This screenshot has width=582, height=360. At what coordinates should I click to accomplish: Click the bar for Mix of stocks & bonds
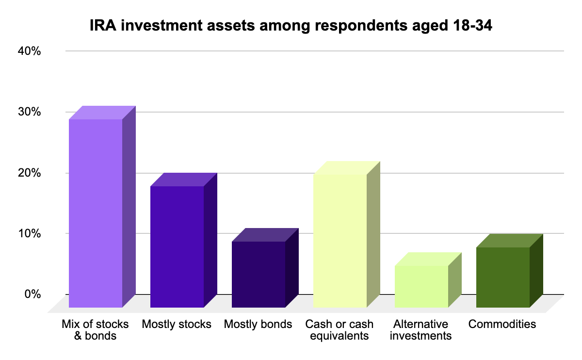point(96,213)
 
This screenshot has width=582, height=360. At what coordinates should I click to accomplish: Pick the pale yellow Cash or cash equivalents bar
point(340,241)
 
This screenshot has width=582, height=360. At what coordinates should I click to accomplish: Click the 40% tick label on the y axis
point(30,51)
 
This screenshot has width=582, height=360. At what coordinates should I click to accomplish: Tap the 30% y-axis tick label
point(30,112)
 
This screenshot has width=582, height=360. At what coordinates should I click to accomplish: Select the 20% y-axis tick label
point(30,173)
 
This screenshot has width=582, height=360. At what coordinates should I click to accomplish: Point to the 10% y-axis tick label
point(30,234)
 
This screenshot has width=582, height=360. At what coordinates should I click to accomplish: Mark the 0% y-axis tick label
point(33,295)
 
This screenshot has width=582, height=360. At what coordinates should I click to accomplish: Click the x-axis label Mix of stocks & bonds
point(96,329)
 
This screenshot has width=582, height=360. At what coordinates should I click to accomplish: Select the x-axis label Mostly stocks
point(177,324)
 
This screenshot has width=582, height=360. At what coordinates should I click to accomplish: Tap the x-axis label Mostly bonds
point(258,324)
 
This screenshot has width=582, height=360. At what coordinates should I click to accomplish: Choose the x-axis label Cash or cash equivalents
point(339,329)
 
